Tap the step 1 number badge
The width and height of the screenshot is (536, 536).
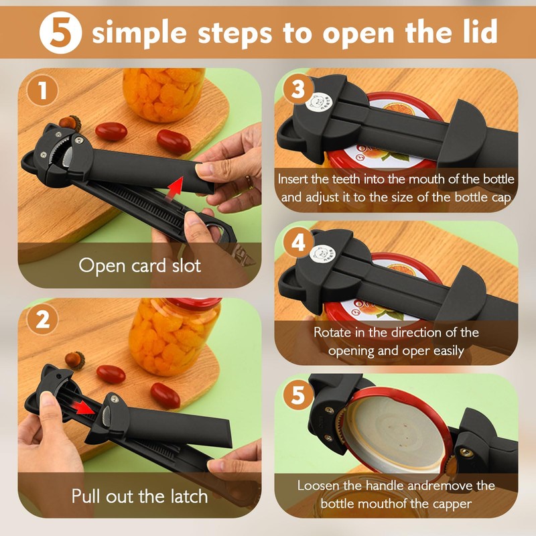point(43,91)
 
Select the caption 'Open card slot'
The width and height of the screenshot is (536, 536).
point(139,265)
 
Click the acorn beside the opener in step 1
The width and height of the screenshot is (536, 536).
point(67,122)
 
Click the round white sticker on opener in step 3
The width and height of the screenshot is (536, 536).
point(319,101)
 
